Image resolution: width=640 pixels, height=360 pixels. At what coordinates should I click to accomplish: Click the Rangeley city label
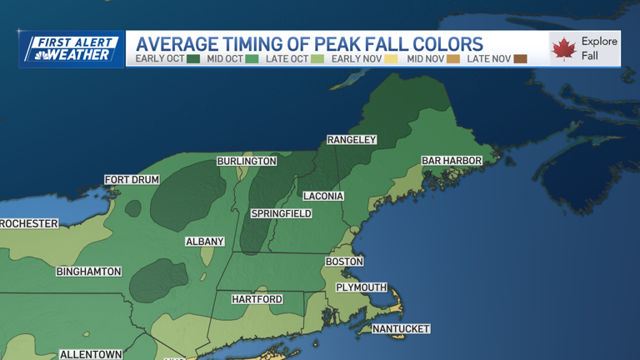click(352, 140)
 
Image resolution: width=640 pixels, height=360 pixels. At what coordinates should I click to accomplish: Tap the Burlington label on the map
click(247, 161)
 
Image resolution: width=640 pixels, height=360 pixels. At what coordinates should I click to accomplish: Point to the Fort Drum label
click(132, 180)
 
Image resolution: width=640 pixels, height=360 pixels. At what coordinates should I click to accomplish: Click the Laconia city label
click(323, 197)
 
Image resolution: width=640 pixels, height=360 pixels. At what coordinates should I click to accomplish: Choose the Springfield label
click(282, 214)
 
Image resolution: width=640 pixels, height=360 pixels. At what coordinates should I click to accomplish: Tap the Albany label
click(205, 242)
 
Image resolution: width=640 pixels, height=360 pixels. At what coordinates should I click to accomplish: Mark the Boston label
click(344, 262)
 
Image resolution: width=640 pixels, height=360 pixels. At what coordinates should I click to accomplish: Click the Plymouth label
click(362, 287)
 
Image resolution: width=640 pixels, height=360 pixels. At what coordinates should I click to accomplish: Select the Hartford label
click(257, 299)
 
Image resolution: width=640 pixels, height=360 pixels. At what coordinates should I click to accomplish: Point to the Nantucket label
click(401, 329)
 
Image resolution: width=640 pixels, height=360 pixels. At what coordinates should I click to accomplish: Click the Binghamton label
click(89, 272)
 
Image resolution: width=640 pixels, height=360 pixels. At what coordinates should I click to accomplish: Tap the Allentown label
click(92, 354)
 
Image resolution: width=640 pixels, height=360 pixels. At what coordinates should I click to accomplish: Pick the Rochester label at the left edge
click(29, 223)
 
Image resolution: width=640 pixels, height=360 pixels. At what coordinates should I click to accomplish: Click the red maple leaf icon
click(563, 49)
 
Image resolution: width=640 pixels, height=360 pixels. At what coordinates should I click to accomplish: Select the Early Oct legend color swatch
click(193, 59)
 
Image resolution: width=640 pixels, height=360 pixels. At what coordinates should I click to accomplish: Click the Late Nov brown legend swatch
click(520, 59)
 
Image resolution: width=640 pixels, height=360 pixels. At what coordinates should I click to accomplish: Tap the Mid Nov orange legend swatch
click(452, 59)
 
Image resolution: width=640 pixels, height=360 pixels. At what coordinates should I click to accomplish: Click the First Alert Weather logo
click(72, 49)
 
